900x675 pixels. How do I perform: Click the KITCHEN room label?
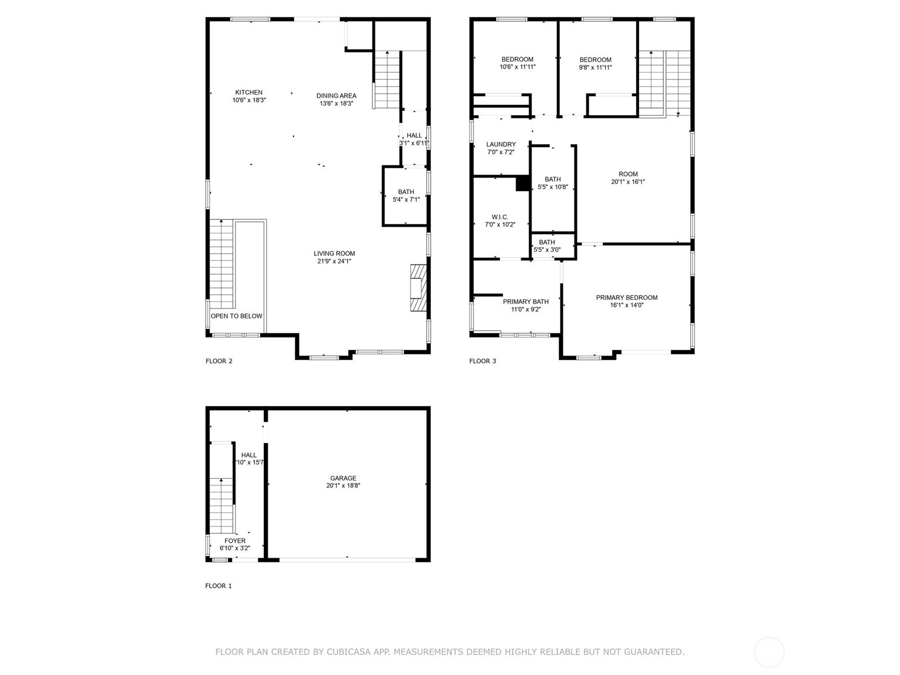pyautogui.click(x=249, y=93)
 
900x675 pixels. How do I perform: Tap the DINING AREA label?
pyautogui.click(x=336, y=96)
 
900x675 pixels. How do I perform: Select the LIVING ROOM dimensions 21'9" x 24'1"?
pyautogui.click(x=334, y=261)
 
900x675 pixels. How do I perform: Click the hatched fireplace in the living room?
pyautogui.click(x=418, y=287)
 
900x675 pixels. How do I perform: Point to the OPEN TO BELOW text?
pyautogui.click(x=237, y=316)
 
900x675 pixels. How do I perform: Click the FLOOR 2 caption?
pyautogui.click(x=219, y=361)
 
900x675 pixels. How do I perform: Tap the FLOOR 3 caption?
pyautogui.click(x=483, y=361)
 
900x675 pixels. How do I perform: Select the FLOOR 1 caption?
pyautogui.click(x=219, y=586)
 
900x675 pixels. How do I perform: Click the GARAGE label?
pyautogui.click(x=343, y=478)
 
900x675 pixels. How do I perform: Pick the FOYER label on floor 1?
pyautogui.click(x=235, y=541)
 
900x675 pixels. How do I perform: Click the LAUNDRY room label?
pyautogui.click(x=501, y=144)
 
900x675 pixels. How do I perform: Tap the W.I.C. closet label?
pyautogui.click(x=500, y=217)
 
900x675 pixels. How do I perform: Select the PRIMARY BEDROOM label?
pyautogui.click(x=627, y=298)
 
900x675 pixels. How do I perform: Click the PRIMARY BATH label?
pyautogui.click(x=525, y=301)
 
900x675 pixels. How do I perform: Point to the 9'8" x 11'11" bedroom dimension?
pyautogui.click(x=595, y=67)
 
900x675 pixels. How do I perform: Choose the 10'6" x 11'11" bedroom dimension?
pyautogui.click(x=517, y=67)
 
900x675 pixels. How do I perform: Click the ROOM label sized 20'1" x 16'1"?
pyautogui.click(x=628, y=174)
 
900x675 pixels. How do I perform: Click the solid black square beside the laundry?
pyautogui.click(x=523, y=183)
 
